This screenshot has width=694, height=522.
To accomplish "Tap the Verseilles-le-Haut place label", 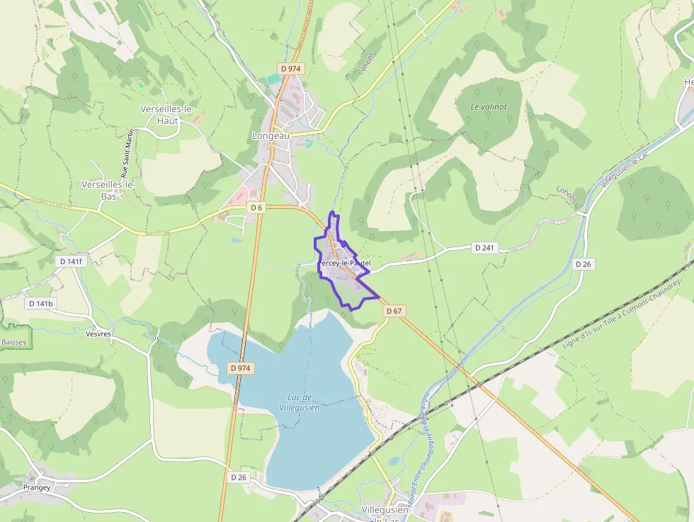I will [168, 115].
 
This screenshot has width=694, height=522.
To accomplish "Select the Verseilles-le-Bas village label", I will [108, 190].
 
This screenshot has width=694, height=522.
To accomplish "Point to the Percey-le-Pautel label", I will [344, 263].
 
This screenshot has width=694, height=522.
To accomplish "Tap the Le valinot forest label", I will [489, 106].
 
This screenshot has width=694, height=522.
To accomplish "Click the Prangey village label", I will [37, 487].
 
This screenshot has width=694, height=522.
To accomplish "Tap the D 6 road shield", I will [256, 208].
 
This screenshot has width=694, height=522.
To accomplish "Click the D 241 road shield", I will [484, 247].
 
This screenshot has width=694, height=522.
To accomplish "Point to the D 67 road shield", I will [394, 311].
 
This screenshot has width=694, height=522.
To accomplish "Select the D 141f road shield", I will [71, 261].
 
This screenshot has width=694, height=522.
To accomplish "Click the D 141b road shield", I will [41, 303].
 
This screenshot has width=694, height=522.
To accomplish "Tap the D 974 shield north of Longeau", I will [291, 68].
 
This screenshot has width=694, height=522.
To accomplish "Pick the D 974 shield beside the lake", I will [241, 368].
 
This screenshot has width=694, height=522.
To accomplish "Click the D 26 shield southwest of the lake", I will [239, 477].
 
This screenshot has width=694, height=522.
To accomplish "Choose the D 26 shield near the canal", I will [583, 263].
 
